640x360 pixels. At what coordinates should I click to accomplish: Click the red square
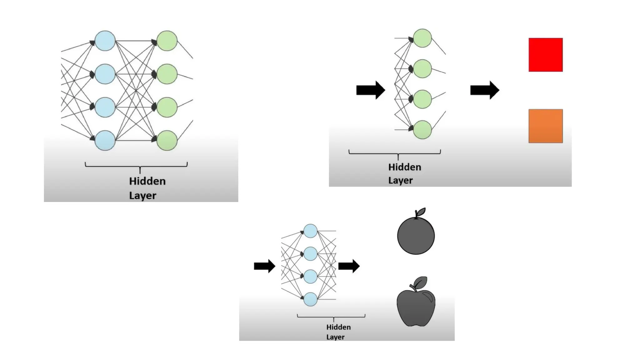click(x=545, y=55)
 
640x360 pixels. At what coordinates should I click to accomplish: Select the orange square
click(x=545, y=126)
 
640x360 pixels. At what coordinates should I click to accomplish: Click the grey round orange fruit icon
click(x=416, y=235)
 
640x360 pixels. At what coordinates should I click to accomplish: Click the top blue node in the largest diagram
click(x=105, y=41)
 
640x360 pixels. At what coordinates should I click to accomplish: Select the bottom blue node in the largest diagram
click(x=105, y=141)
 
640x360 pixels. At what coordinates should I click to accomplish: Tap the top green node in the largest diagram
click(x=167, y=41)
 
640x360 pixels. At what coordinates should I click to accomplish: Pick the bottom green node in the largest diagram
click(x=167, y=141)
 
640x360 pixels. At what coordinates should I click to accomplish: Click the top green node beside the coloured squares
click(x=422, y=38)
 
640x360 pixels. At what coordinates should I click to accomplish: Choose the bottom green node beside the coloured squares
click(x=422, y=130)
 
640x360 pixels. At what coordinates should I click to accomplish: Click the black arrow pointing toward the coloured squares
click(x=484, y=90)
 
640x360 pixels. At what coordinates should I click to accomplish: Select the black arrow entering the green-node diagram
click(x=370, y=90)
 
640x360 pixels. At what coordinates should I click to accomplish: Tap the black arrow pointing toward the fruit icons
click(x=349, y=266)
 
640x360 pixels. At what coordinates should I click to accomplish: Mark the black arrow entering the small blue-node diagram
click(x=264, y=266)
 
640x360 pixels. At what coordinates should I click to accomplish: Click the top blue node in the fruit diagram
click(x=310, y=231)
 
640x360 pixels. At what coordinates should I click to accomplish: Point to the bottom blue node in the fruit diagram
click(x=310, y=299)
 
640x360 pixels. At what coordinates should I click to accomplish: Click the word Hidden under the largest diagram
click(x=147, y=181)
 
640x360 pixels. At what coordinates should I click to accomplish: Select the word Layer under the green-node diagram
click(x=400, y=181)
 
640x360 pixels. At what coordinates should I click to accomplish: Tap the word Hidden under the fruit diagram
click(x=338, y=327)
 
